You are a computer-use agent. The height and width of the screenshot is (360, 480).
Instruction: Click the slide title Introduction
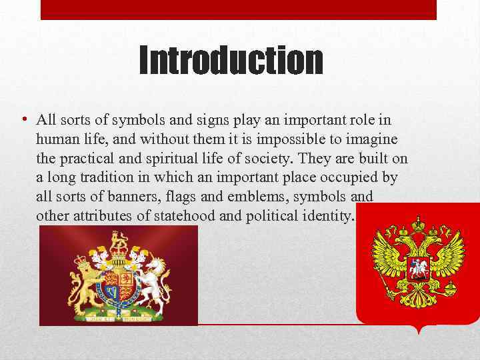231,61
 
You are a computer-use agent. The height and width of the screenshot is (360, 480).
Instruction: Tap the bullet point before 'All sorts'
23,120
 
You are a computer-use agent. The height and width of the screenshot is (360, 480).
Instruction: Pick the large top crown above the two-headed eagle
418,225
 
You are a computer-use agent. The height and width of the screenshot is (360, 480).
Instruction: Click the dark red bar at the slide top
239,9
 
